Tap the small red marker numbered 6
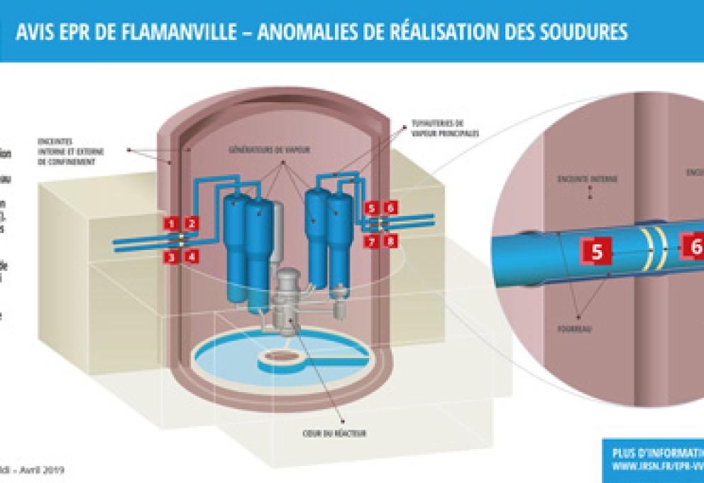click(x=390, y=208)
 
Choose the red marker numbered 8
click(x=390, y=241)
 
